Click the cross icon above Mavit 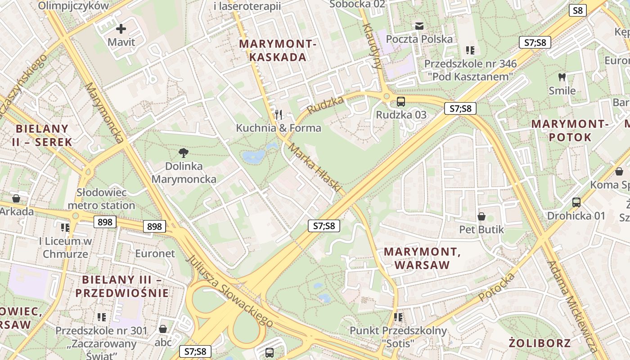pos(121,29)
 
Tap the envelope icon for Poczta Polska pos(419,26)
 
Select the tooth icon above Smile pos(562,77)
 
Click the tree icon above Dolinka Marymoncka pos(183,153)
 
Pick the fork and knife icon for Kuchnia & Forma pos(279,115)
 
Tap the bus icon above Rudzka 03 pos(400,102)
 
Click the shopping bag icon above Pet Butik pos(481,216)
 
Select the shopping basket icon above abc pos(163,329)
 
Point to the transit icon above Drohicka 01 pos(576,202)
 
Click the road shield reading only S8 pos(578,10)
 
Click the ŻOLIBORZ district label pos(540,343)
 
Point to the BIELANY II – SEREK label pos(44,135)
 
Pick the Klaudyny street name pos(372,45)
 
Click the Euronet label pos(155,253)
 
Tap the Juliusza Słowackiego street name pos(229,291)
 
